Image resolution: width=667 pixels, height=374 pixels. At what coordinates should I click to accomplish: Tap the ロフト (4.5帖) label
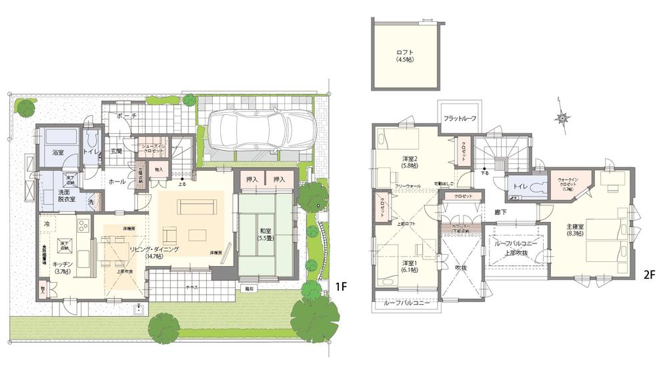tap(404, 55)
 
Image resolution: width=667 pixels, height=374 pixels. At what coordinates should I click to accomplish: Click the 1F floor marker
tap(340, 287)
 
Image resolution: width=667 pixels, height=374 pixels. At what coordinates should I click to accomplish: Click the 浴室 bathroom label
tap(57, 152)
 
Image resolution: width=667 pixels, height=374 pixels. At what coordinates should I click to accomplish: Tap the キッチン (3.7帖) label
tap(63, 267)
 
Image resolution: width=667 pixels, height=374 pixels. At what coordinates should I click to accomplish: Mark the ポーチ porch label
tap(126, 116)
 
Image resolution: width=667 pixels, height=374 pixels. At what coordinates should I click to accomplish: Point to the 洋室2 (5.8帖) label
tap(409, 161)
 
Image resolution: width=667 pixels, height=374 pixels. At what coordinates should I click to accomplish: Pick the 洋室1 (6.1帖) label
tap(409, 266)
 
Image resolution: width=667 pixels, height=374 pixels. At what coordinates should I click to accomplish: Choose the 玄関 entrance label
tap(116, 151)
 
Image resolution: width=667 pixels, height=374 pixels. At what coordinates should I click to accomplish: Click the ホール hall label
tap(117, 181)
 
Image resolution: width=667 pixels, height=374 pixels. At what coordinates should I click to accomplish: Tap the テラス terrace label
tap(191, 286)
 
